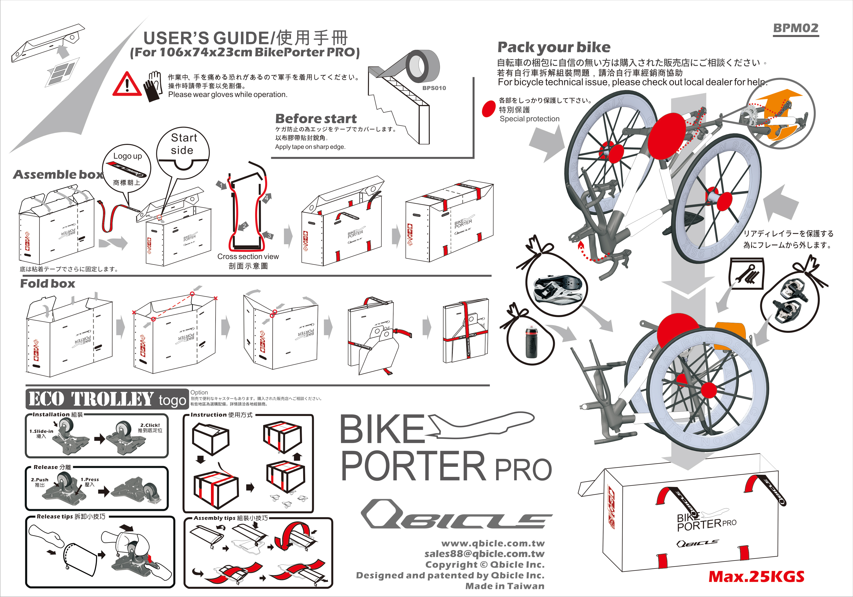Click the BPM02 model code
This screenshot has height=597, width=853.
[795, 28]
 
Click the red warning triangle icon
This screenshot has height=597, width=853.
[127, 85]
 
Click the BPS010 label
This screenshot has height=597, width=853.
[434, 88]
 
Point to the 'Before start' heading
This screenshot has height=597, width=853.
[316, 119]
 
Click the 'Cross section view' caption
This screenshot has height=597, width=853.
[248, 257]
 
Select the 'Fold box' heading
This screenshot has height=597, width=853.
[47, 284]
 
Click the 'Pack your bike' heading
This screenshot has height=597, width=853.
[554, 47]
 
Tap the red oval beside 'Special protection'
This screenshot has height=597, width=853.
[489, 109]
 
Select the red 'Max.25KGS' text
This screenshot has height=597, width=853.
[756, 577]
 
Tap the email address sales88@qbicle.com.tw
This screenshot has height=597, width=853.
[485, 554]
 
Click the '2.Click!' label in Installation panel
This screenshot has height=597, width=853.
[150, 425]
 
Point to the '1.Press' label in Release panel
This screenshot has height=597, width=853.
[90, 479]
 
